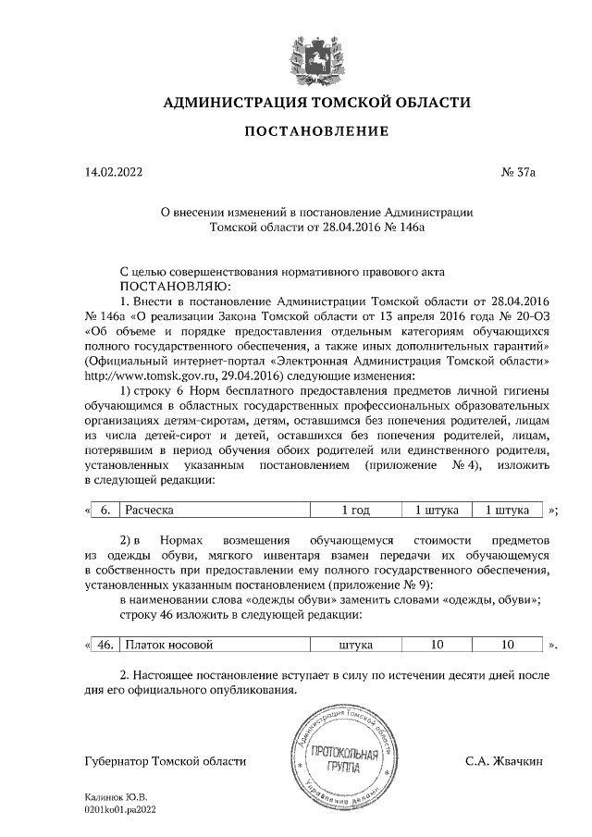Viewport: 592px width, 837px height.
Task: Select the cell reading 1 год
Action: point(356,510)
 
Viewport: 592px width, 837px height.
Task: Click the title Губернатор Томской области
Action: point(165,761)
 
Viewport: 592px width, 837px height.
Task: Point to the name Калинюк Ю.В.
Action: point(116,796)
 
